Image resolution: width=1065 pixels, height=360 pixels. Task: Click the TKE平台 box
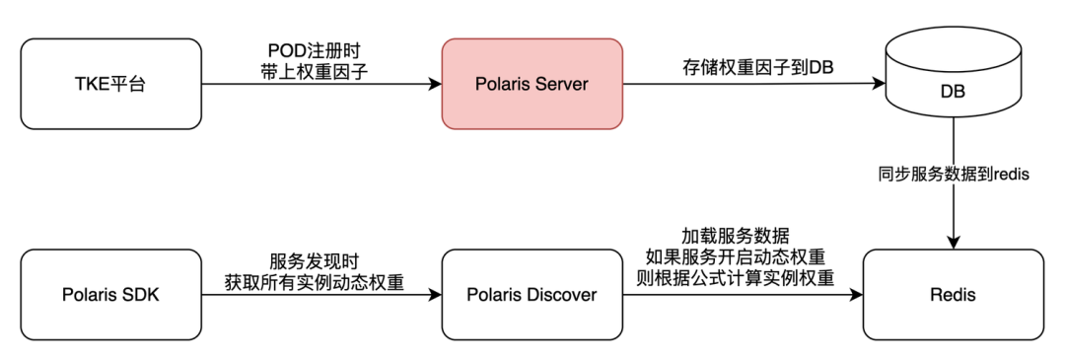pos(110,84)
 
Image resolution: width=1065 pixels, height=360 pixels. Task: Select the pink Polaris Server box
pos(532,84)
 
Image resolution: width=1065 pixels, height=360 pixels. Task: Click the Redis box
pos(953,294)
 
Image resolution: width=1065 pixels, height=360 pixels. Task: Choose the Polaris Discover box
pos(532,294)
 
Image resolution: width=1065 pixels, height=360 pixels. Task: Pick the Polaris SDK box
pos(110,294)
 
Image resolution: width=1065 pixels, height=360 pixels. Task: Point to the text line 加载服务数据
pos(745,237)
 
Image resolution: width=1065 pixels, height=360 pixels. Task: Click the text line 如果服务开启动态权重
pos(745,257)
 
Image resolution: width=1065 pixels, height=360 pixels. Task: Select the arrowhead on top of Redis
pos(953,243)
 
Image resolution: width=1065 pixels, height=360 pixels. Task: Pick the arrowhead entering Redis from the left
pos(857,294)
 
